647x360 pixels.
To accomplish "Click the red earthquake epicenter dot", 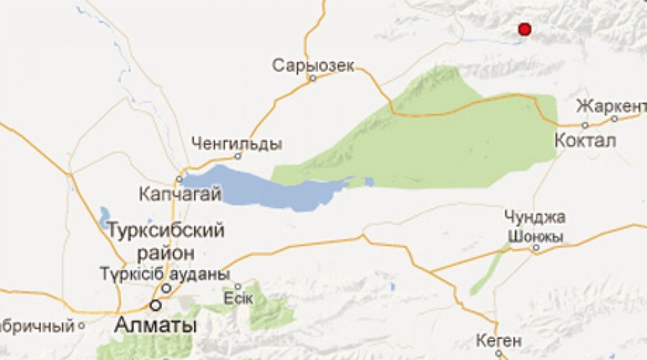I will (x=524, y=29).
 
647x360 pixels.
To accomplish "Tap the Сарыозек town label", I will (x=314, y=65).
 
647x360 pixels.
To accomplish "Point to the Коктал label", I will (x=586, y=142).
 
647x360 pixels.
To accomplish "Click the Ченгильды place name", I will (x=238, y=143).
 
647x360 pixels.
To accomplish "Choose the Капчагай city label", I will (x=175, y=194).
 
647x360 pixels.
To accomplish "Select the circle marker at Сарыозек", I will (x=311, y=78).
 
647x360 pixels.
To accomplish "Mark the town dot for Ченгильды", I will (x=238, y=156).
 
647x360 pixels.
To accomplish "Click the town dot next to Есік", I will (x=238, y=286).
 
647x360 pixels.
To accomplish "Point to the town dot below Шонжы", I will (x=535, y=248).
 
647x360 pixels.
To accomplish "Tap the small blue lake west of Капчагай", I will (x=104, y=216).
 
